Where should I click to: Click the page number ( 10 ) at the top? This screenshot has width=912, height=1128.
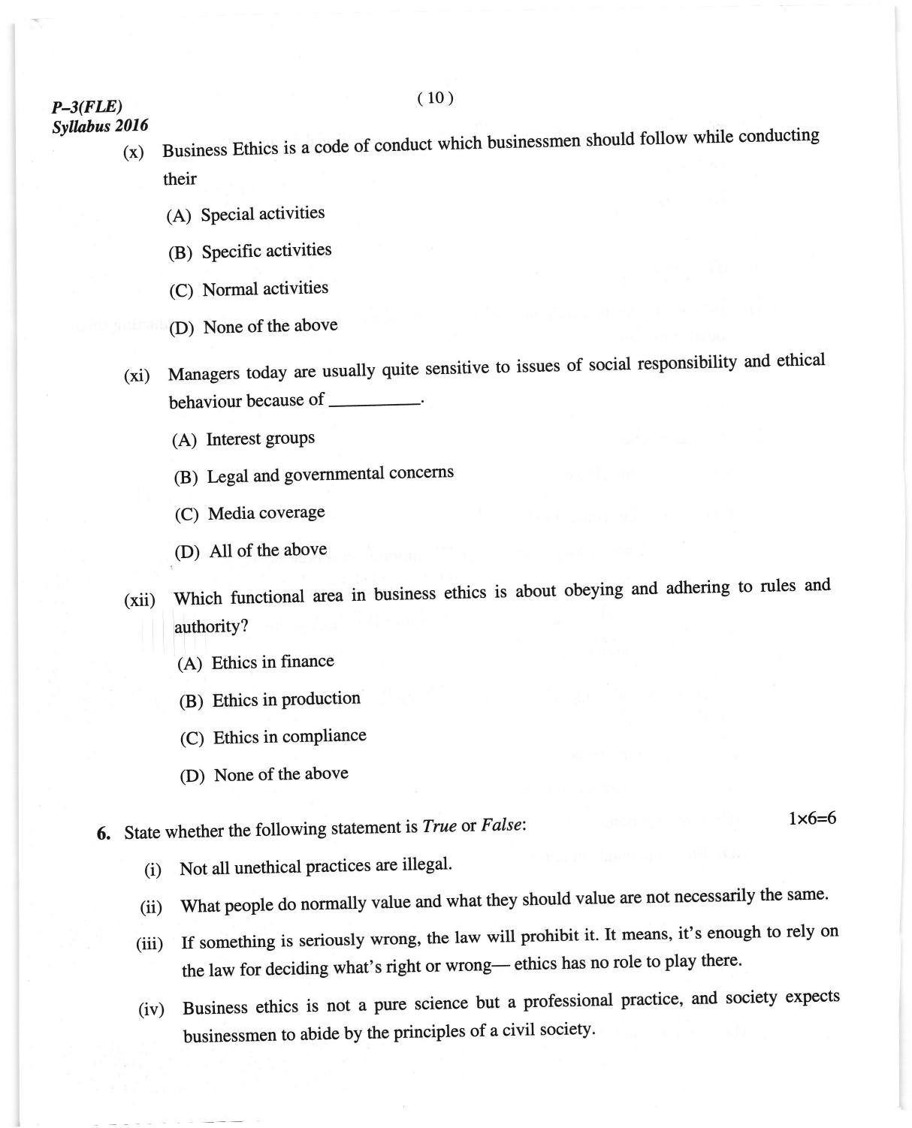pos(435,98)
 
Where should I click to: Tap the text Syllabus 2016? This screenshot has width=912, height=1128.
pos(100,126)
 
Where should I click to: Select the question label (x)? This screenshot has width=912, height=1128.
pos(133,152)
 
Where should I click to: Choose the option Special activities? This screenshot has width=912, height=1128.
pos(262,214)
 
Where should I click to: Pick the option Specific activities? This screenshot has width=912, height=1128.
pos(266,251)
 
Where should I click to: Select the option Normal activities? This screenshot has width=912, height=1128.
pos(265,289)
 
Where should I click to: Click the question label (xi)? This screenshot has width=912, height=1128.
pos(137,375)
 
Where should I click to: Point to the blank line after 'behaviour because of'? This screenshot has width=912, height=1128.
pos(374,403)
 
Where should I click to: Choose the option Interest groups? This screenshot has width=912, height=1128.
pos(260,439)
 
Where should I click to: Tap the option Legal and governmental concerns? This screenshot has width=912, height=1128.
pos(330,475)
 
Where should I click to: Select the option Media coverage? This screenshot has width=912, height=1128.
pos(266,513)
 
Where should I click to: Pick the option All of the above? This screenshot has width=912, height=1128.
pos(267,550)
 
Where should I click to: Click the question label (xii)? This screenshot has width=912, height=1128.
pos(140,600)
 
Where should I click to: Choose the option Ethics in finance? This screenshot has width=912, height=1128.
pos(272,662)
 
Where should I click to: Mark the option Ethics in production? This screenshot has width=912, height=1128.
pos(286,700)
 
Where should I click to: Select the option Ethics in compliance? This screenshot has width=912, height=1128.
pos(289,737)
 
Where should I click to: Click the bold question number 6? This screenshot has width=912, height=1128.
pos(104,834)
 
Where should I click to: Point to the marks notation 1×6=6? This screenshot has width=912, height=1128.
pos(812,819)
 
